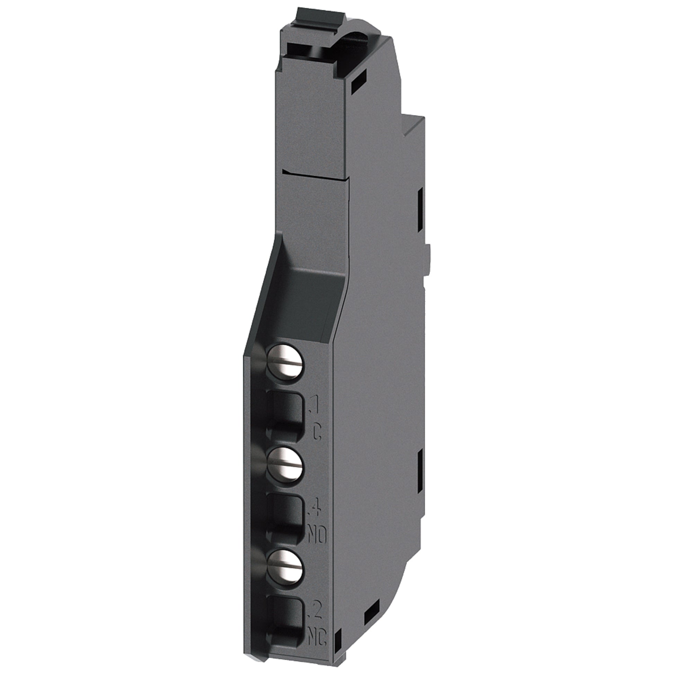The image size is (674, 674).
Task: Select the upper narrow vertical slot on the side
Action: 420,204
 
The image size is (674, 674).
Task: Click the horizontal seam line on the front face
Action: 314,175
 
